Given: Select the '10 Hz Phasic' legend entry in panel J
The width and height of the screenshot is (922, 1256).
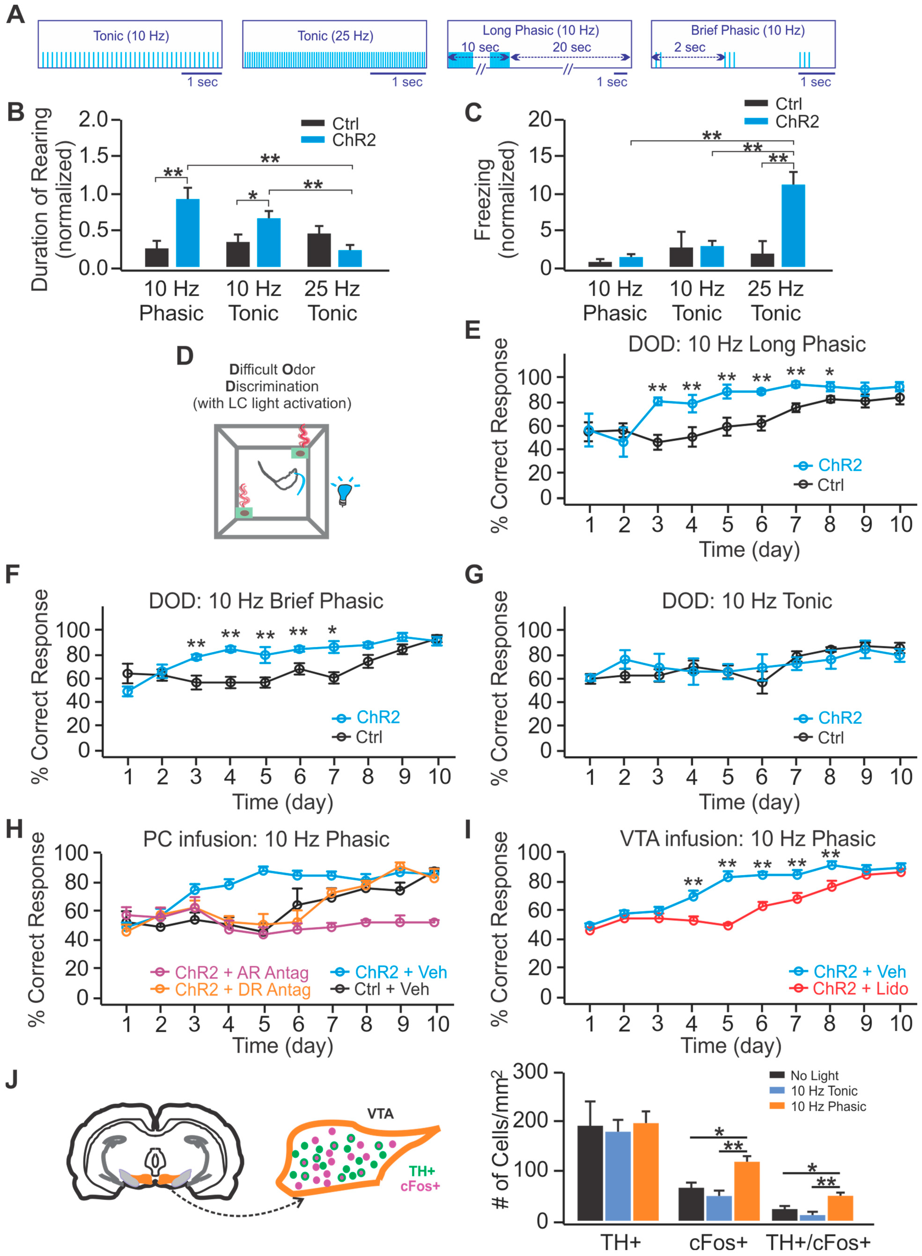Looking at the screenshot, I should pos(828,1107).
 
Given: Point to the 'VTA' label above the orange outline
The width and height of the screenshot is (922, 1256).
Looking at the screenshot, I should pos(380,1114).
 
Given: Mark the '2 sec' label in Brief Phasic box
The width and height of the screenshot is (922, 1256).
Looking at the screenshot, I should pos(689,47).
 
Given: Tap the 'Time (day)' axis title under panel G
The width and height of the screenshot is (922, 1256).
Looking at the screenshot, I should pos(749,802).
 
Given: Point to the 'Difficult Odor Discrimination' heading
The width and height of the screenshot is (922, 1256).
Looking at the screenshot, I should pos(272,378).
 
